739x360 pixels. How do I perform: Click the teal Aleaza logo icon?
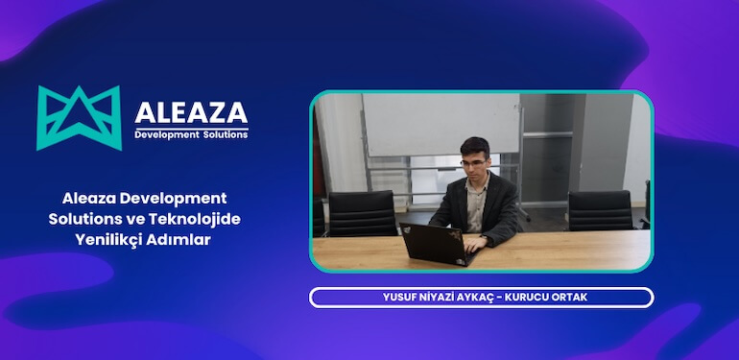pos(79,117)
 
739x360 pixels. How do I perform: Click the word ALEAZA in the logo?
pos(191,110)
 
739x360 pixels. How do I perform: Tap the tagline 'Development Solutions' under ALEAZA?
pos(191,134)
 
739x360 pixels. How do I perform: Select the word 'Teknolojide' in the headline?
pos(201,219)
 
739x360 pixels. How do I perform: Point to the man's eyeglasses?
pos(474,163)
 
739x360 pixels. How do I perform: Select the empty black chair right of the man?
pos(599,210)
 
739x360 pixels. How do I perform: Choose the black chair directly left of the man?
pos(362,212)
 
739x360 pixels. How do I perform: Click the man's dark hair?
pos(474,147)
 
